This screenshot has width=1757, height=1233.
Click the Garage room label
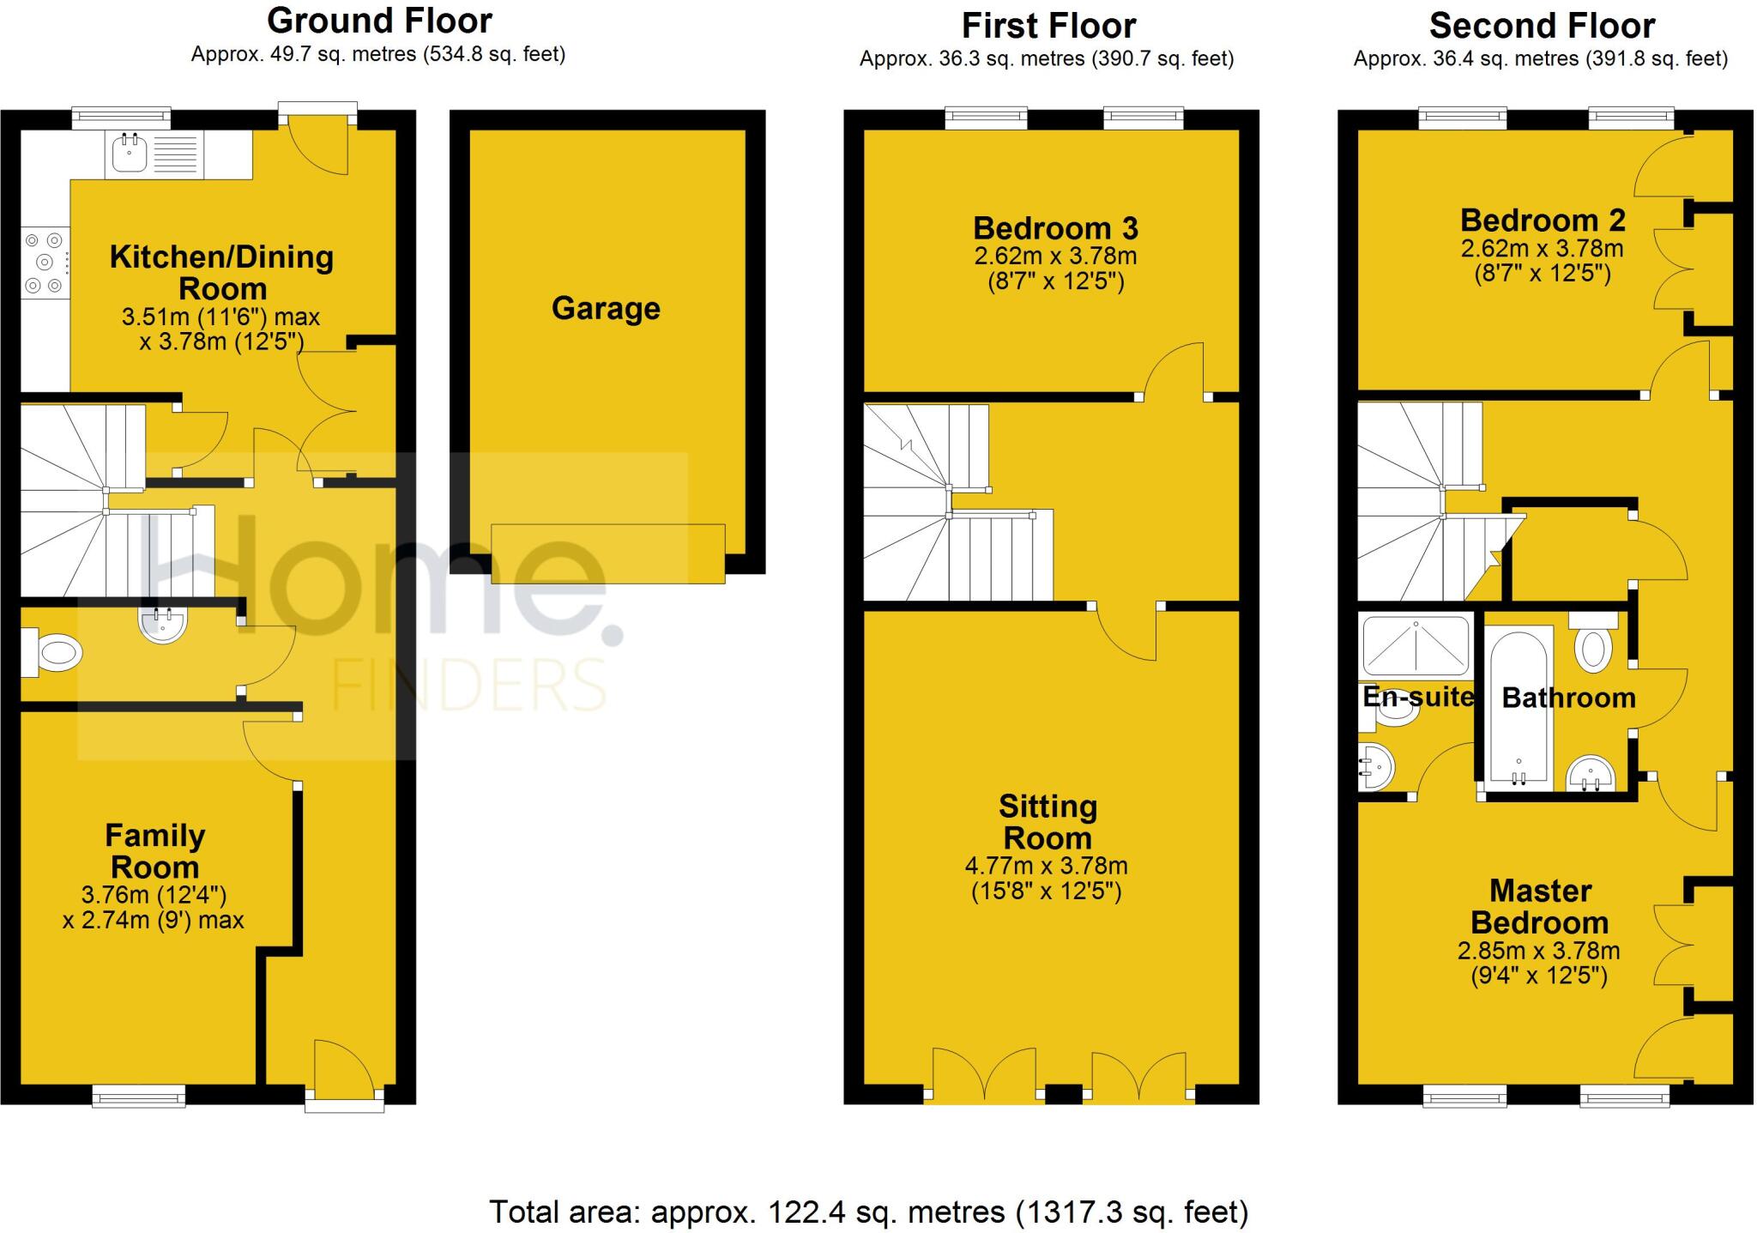[x=606, y=308]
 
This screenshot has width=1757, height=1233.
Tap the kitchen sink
[x=131, y=154]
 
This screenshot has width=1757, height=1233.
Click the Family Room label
[x=155, y=850]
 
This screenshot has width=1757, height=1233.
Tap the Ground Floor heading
[x=379, y=21]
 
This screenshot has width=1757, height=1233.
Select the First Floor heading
[x=1048, y=26]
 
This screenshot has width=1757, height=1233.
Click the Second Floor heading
[x=1542, y=26]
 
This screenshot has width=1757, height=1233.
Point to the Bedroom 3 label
[x=1055, y=228]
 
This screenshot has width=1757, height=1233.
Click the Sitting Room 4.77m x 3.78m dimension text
[x=1047, y=867]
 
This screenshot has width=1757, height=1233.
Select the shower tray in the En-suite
[x=1416, y=645]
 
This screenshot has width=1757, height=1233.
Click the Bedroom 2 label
[x=1543, y=221]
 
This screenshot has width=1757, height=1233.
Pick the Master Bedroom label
[x=1540, y=907]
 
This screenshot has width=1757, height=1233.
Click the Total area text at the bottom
[x=868, y=1212]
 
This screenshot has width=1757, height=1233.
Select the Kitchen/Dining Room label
[x=221, y=272]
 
